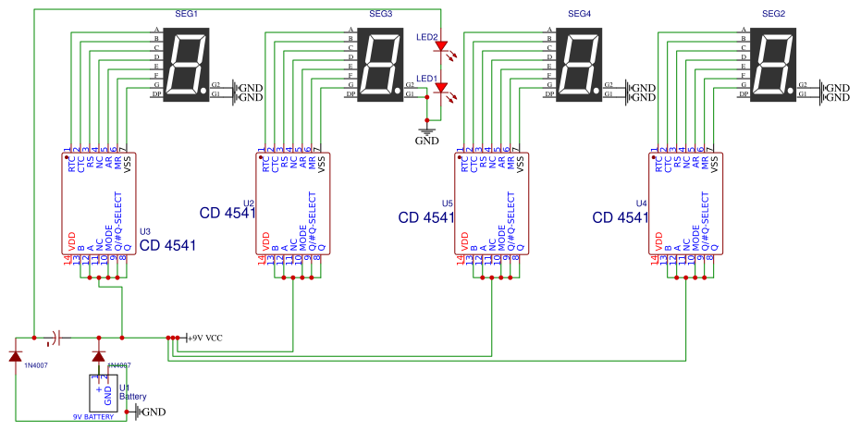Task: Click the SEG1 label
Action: (x=186, y=16)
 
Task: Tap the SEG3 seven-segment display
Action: (x=381, y=64)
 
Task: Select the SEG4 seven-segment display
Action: (x=579, y=64)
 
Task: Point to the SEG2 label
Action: (x=774, y=16)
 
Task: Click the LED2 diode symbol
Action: (x=441, y=45)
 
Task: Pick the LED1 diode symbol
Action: (x=441, y=88)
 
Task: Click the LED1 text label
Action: (x=425, y=79)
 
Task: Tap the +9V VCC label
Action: (x=206, y=339)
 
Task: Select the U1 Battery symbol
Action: (x=104, y=393)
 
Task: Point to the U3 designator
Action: (x=144, y=232)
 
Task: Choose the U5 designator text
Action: (x=448, y=203)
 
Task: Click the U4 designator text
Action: (x=642, y=203)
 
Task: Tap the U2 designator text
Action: (x=248, y=203)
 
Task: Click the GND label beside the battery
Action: (x=153, y=412)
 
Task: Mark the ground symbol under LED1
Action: (x=426, y=131)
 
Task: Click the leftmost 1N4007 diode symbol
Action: (x=16, y=355)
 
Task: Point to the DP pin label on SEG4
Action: (x=549, y=94)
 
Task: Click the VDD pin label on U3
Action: (x=68, y=242)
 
